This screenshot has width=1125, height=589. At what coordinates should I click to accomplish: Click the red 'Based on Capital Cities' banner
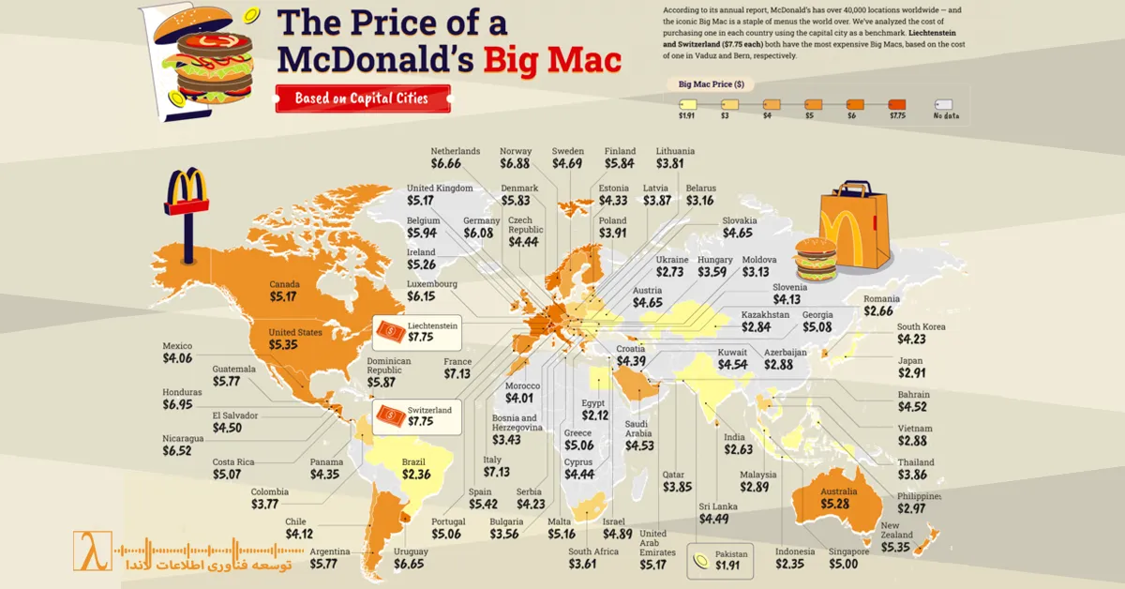tap(362, 98)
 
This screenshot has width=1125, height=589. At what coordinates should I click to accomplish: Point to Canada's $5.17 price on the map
tap(282, 297)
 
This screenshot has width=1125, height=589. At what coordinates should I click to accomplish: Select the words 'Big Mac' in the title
tap(552, 60)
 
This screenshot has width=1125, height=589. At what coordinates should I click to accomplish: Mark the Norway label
tap(516, 151)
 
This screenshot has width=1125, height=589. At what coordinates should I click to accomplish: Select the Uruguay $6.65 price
tap(410, 564)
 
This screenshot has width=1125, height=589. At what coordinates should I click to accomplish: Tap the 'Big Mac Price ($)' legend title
tap(712, 84)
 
